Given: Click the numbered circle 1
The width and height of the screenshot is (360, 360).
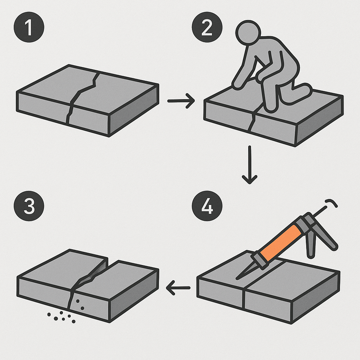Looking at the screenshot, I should click(29, 28).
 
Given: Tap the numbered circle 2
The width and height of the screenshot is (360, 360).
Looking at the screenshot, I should click(207, 28).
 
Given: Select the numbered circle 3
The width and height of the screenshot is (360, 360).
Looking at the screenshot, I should click(29, 206).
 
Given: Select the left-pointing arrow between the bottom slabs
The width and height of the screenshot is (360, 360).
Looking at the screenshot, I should click(178, 289).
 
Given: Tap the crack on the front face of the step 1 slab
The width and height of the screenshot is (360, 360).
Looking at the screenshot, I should click(70, 115).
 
